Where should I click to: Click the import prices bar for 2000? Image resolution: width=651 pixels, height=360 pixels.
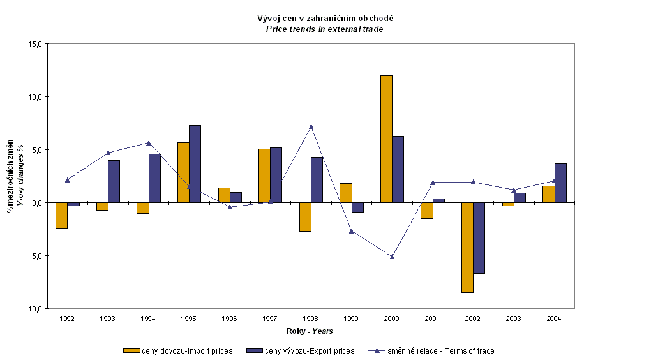coord(386,139)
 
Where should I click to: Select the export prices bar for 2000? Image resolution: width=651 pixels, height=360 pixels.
coord(398,169)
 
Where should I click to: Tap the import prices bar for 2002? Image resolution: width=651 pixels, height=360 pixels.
coord(467,247)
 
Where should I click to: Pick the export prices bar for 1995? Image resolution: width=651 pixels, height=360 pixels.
coord(195,163)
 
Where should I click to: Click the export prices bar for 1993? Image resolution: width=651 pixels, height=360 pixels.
coord(114,181)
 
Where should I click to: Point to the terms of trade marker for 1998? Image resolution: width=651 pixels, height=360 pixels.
coord(311,126)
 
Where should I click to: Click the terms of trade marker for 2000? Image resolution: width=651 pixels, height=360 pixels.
coord(392,257)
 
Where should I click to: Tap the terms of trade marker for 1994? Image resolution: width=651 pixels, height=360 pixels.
coord(148,143)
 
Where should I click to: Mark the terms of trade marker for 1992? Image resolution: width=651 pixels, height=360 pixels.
coord(67,180)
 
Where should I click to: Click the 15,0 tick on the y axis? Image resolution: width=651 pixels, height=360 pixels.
coord(34,44)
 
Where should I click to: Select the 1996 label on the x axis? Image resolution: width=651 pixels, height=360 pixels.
coord(229,318)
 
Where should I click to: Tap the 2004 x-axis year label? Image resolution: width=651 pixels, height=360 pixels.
coord(554,318)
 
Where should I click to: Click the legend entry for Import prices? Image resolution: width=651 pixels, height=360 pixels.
coord(178,350)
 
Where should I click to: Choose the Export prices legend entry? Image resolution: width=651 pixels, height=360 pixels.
coord(303,350)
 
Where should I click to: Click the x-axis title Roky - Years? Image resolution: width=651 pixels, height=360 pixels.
coord(310,331)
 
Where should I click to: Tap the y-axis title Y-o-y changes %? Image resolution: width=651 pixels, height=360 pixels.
coord(19,177)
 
